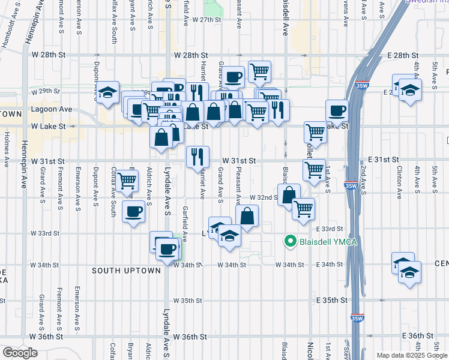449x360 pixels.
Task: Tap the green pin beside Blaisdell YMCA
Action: click(x=291, y=242)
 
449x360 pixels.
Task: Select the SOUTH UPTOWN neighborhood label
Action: click(x=127, y=271)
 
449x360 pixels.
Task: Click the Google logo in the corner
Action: click(x=20, y=353)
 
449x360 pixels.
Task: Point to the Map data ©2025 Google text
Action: click(x=411, y=355)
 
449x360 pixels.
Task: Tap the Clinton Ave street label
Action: click(x=399, y=185)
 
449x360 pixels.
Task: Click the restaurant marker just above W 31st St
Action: click(x=197, y=157)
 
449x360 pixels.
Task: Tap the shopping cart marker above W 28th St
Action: click(x=259, y=72)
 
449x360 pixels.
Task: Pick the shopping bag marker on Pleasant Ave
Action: click(x=247, y=215)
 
